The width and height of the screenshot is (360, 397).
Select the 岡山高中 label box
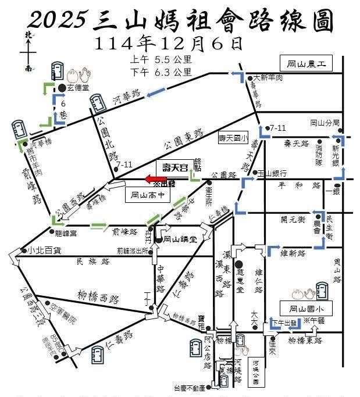coord(148,195)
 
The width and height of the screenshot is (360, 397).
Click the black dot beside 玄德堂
coord(62,87)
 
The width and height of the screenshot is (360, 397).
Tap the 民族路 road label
coord(93,262)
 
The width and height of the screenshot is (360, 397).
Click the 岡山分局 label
coord(325,123)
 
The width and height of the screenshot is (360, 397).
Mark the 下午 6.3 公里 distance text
coord(161,72)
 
